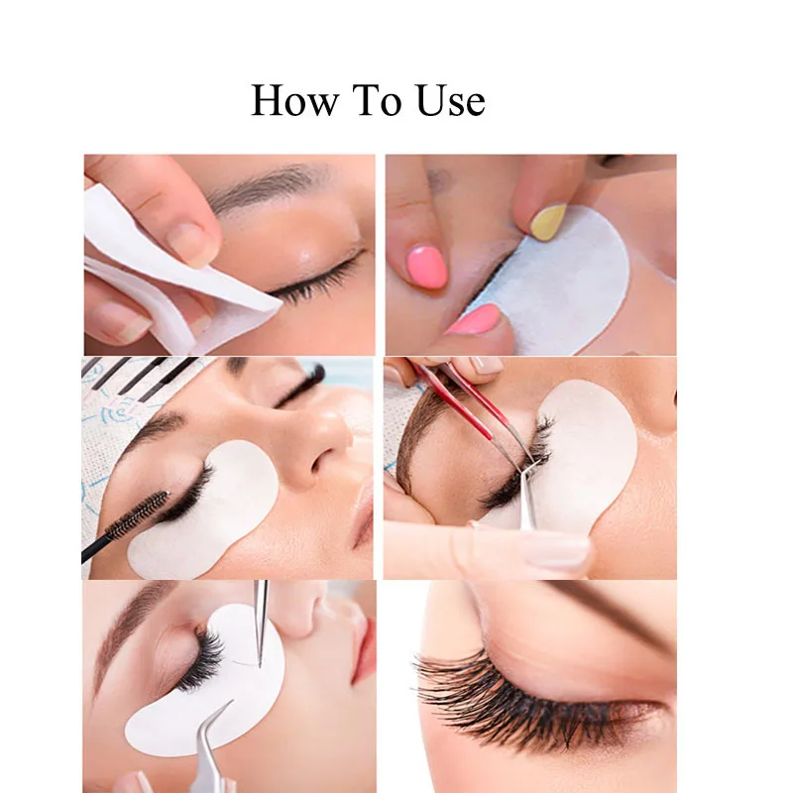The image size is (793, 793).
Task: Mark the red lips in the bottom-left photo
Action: click(x=363, y=649)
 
